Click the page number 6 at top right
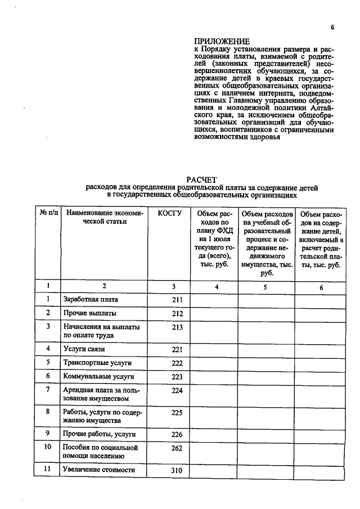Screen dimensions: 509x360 click(332, 27)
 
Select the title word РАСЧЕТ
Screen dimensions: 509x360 click(201, 179)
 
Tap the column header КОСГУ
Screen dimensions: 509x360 click(170, 214)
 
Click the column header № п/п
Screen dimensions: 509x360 click(48, 214)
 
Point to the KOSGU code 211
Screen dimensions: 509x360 click(177, 300)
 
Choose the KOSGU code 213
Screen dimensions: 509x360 click(177, 327)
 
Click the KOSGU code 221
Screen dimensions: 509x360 click(177, 349)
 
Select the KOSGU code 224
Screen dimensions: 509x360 click(177, 390)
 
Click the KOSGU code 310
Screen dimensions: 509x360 click(177, 470)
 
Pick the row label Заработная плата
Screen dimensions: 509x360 click(91, 300)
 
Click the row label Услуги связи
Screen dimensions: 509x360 click(85, 349)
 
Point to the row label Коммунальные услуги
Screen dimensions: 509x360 click(98, 376)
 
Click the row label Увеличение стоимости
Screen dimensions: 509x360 click(100, 470)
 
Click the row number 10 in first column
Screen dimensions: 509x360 click(48, 447)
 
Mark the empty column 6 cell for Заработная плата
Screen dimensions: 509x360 click(321, 300)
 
